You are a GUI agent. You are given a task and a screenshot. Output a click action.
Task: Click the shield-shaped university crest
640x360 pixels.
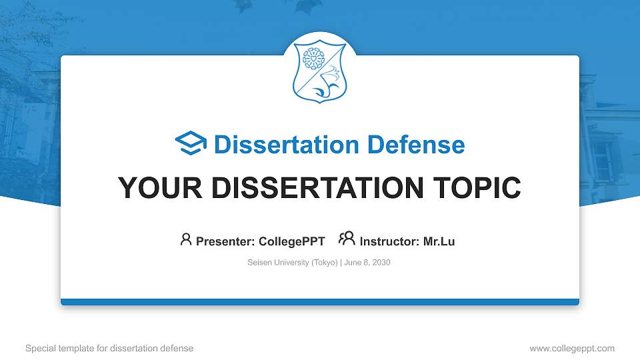tap(319, 71)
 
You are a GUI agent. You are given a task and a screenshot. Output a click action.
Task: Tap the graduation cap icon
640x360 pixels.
tap(191, 143)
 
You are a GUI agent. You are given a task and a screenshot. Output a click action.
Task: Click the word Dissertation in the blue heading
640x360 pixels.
tap(287, 145)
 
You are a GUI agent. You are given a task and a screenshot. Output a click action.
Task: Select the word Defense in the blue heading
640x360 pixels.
tap(416, 145)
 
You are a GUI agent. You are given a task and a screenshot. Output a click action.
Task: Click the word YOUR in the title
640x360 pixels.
tap(160, 188)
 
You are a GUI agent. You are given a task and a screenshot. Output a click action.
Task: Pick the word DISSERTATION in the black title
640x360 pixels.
tap(317, 188)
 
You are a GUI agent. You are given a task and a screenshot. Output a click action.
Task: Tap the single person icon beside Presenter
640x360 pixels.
tap(186, 239)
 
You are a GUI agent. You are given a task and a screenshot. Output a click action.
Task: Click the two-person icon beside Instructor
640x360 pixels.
tap(347, 239)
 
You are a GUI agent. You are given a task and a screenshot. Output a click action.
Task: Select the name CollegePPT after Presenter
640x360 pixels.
tap(292, 241)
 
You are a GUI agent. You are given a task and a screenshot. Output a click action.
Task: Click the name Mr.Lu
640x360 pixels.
tap(439, 241)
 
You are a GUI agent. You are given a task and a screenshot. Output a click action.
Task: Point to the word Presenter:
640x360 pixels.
tap(225, 241)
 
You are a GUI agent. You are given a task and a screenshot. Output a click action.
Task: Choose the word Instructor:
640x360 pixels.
tap(389, 241)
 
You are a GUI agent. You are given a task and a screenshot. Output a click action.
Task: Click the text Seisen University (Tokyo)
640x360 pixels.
tap(293, 263)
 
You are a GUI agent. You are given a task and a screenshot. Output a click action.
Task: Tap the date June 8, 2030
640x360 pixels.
tap(367, 263)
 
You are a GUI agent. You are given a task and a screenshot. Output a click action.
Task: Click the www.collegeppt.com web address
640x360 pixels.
tap(572, 348)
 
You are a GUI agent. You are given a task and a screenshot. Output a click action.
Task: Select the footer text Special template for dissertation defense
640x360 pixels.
tap(109, 348)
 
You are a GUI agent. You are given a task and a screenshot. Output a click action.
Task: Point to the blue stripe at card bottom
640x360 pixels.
tap(320, 302)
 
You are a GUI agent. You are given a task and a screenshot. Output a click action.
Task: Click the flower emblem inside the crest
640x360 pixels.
tap(313, 59)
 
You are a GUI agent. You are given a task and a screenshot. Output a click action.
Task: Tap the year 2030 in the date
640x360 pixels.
tap(381, 263)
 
